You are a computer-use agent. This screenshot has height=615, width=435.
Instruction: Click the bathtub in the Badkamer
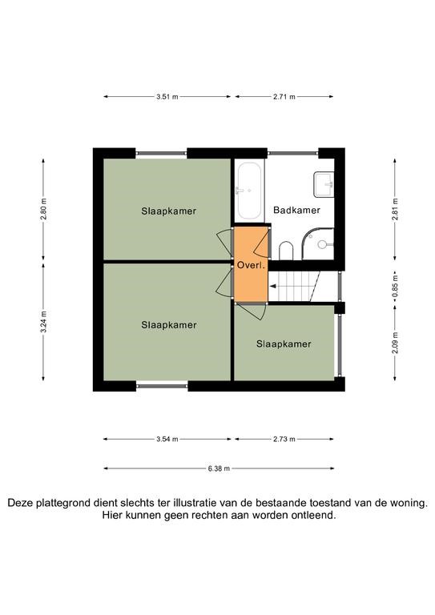coord(249,191)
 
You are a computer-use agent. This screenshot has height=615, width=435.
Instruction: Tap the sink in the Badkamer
coord(324,184)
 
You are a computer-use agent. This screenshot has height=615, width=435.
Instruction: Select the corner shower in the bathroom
coord(318,244)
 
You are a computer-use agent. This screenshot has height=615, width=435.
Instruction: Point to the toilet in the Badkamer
coord(286,251)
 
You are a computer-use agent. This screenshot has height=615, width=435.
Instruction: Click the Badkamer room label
coord(296,211)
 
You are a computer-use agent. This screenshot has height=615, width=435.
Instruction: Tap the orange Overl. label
coord(251,265)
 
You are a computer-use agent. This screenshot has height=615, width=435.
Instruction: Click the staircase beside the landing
coord(294,287)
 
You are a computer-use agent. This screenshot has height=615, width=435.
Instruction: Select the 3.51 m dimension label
coord(167,96)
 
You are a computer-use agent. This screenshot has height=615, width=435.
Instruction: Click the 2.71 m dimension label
coord(284,96)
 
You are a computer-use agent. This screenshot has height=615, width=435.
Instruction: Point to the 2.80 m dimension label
coord(43,209)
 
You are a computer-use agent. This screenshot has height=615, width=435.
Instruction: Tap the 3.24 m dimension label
coord(43,322)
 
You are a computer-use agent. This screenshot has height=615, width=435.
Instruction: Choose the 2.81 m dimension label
coord(395,209)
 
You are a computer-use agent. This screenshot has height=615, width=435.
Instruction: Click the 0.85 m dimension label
coord(395,287)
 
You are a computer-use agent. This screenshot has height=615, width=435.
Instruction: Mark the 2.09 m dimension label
coord(395,343)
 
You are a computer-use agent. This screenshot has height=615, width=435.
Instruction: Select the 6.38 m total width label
coord(219,468)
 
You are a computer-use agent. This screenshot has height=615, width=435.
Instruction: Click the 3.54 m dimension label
coord(167,440)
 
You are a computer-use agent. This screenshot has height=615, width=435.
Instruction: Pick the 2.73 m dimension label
coord(284,440)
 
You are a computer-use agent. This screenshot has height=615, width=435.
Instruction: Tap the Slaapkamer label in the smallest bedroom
coord(284,344)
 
